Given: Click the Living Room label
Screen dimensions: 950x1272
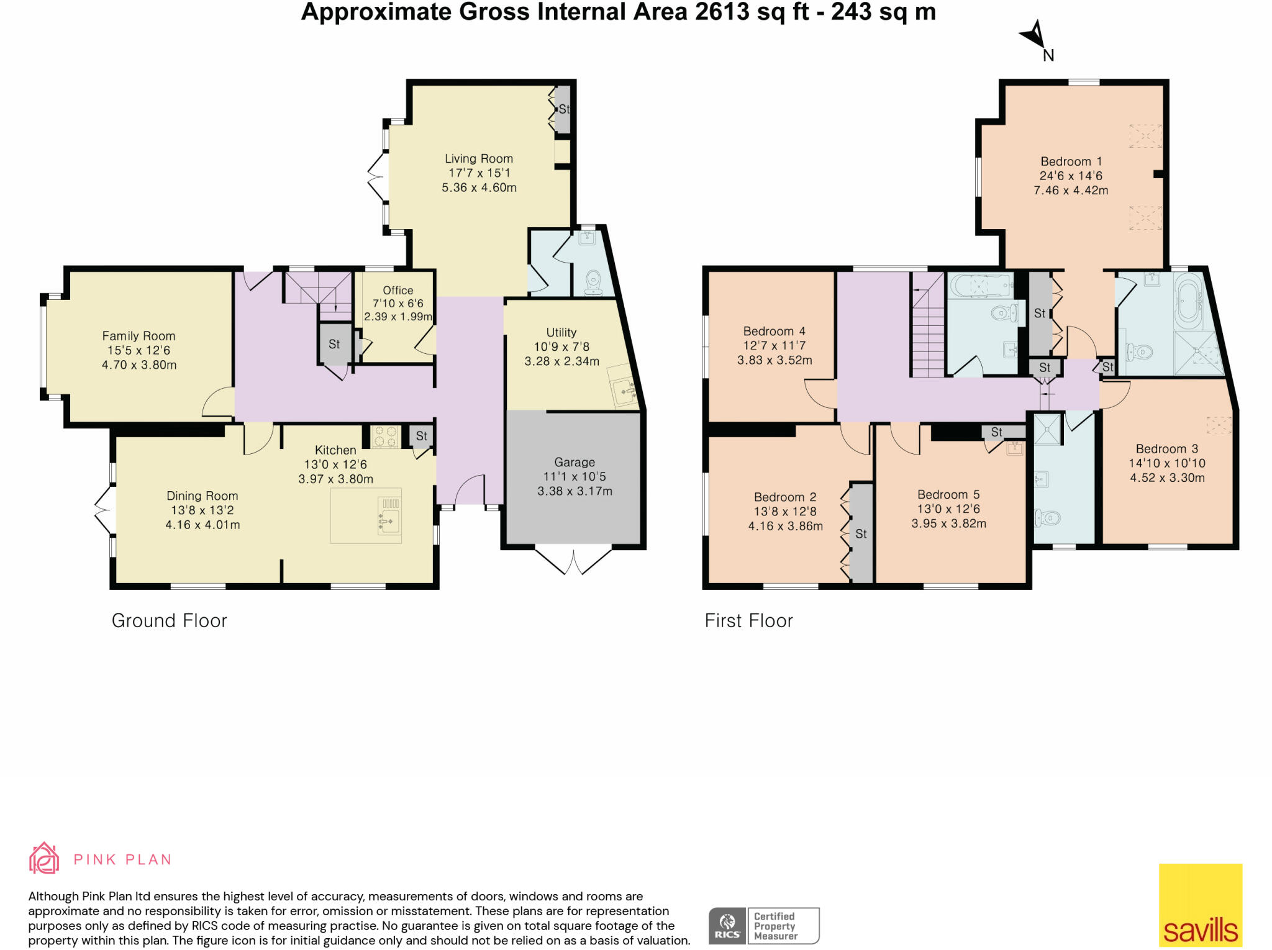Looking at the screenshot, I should [x=478, y=159].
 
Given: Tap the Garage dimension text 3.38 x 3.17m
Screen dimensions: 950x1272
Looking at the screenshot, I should [x=575, y=491].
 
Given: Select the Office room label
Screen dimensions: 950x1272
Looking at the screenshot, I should [x=397, y=290].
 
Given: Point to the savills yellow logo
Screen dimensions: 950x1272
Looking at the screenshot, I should [x=1200, y=905].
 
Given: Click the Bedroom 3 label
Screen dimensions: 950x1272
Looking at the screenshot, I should [x=1166, y=448].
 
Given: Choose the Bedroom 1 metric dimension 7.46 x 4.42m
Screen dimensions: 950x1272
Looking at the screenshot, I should [x=1071, y=191].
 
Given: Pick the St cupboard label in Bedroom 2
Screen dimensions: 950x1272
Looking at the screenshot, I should [x=861, y=533].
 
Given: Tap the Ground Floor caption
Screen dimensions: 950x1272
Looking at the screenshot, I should [x=169, y=620].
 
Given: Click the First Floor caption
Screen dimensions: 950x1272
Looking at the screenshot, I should [x=748, y=620].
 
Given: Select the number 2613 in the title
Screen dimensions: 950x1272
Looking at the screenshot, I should [x=720, y=12].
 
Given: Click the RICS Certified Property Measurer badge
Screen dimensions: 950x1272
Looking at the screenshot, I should [x=764, y=926].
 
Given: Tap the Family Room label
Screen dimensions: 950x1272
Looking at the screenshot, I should [x=139, y=336].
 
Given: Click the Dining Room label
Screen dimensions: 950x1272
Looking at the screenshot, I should [x=202, y=495].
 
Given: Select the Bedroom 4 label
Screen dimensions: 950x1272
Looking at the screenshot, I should [x=774, y=331].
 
